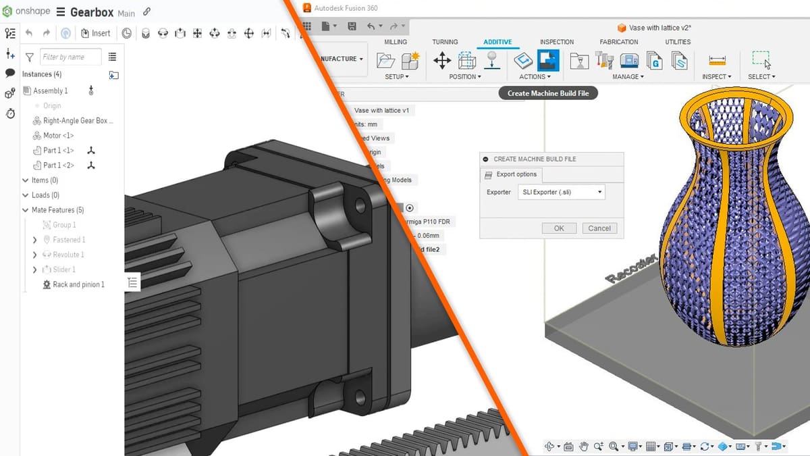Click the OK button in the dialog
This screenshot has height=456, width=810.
tap(559, 228)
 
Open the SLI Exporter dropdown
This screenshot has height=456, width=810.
tap(562, 193)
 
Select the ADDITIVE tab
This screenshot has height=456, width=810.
tap(497, 42)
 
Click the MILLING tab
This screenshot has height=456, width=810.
tap(396, 42)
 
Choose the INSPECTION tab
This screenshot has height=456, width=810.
tap(556, 42)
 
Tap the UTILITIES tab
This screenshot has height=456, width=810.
tap(678, 42)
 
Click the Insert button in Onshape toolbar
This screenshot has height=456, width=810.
tap(95, 33)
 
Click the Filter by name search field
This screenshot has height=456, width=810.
tap(70, 57)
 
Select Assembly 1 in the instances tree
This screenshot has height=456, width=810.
tap(50, 91)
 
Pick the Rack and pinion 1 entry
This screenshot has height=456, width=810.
tap(78, 284)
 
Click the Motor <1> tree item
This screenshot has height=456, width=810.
tap(58, 136)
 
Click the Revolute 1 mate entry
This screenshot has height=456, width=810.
tap(68, 255)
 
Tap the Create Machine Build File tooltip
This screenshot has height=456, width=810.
tap(548, 93)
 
